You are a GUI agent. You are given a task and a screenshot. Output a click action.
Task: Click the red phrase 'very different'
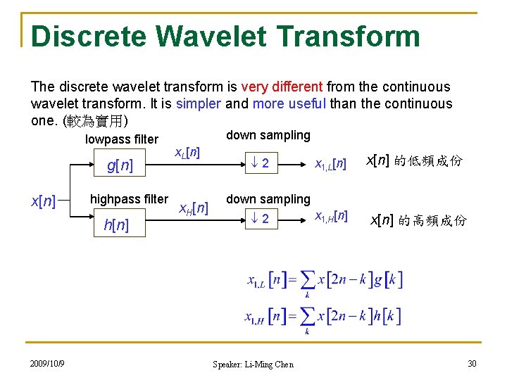[x=282, y=87]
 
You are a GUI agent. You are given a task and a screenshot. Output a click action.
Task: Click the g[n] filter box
[x=119, y=165]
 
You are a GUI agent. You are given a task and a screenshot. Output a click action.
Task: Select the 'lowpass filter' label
[x=121, y=139]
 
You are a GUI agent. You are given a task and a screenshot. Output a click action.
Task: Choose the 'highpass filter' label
[x=129, y=199]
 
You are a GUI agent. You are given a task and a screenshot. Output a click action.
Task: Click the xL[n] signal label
[x=187, y=151]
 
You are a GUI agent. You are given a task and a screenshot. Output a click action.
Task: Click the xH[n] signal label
[x=192, y=208]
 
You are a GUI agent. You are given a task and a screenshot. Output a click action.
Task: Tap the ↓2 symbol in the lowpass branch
[x=261, y=164]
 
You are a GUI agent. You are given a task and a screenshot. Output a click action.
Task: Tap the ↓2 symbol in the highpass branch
[x=261, y=219]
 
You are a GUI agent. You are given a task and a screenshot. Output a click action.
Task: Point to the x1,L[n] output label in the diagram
[x=330, y=165]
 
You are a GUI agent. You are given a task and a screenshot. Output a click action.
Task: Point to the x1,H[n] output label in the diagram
[x=330, y=216]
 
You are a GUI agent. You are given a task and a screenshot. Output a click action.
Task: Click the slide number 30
[x=471, y=363]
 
